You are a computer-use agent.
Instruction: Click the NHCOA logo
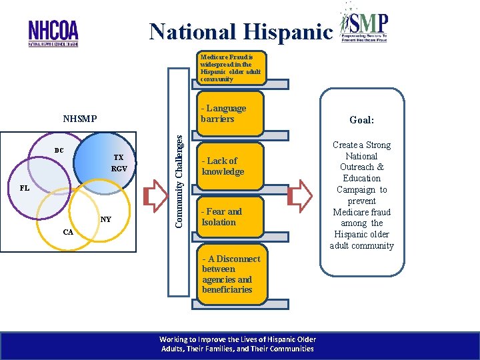pyautogui.click(x=53, y=33)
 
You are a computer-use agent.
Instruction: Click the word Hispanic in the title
pyautogui.click(x=289, y=31)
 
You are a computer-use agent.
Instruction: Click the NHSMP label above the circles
pyautogui.click(x=80, y=119)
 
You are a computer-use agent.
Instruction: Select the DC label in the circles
pyautogui.click(x=59, y=151)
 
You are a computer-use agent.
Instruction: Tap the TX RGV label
pyautogui.click(x=119, y=163)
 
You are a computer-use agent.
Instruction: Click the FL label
pyautogui.click(x=24, y=188)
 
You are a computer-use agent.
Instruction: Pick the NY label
pyautogui.click(x=106, y=219)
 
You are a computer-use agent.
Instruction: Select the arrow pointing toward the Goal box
pyautogui.click(x=301, y=195)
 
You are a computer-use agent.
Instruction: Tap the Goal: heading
pyautogui.click(x=362, y=121)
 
